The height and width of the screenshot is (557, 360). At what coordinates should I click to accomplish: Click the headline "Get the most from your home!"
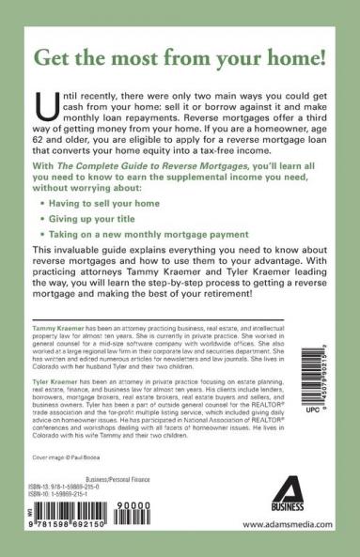pyautogui.click(x=180, y=68)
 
